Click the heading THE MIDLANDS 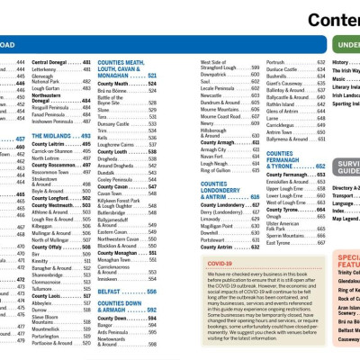tap(55, 135)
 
